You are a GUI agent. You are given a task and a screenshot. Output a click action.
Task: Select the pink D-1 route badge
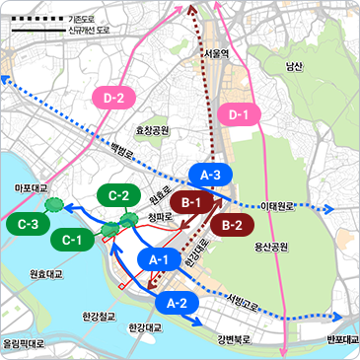click(238, 114)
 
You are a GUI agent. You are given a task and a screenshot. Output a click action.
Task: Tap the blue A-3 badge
click(210, 175)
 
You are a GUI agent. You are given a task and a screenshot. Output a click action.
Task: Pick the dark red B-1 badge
click(191, 203)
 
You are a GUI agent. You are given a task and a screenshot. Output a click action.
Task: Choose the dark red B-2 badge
click(233, 225)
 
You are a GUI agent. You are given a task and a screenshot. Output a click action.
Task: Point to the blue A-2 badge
click(178, 302)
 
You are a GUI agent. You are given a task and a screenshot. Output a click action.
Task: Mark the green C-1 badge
click(71, 239)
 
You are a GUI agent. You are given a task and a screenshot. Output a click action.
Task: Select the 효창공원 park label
click(153, 130)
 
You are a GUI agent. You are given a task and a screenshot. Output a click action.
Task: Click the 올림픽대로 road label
click(24, 344)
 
